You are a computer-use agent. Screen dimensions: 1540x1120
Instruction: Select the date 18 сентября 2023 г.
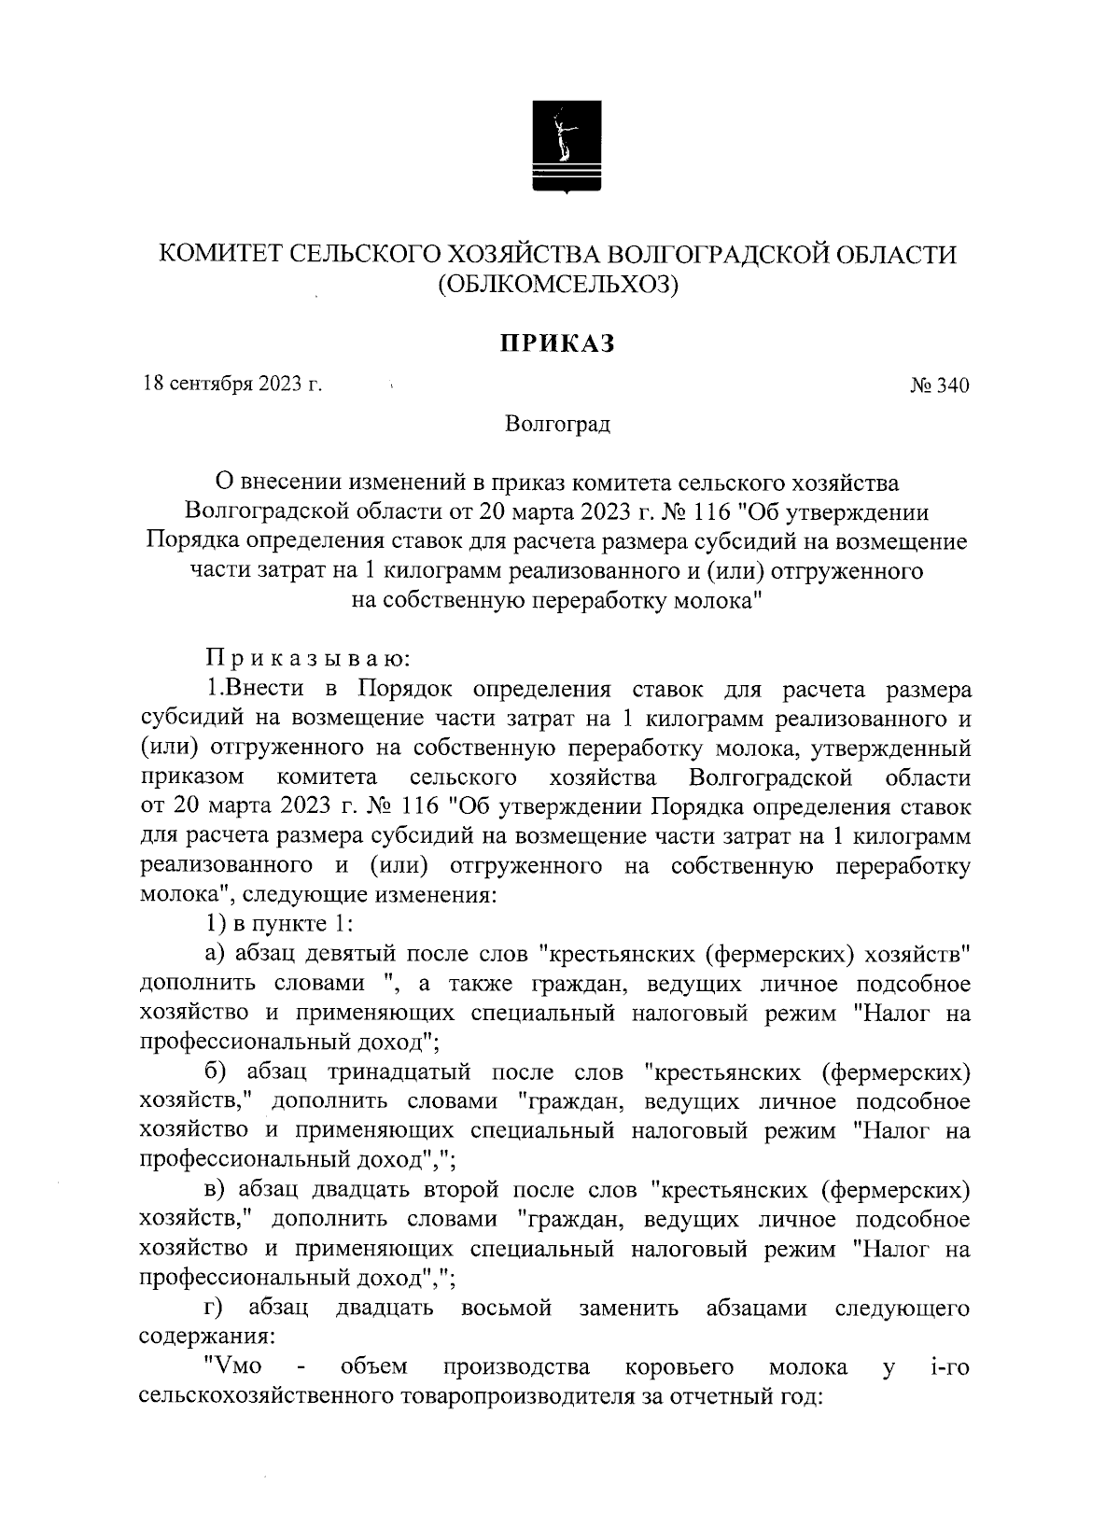click(x=231, y=385)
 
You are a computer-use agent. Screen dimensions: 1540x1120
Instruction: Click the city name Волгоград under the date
click(x=557, y=426)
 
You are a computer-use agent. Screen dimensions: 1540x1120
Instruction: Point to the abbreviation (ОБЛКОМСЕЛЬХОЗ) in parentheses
click(x=558, y=285)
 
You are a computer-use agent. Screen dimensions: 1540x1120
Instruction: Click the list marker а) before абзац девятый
click(x=216, y=954)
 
